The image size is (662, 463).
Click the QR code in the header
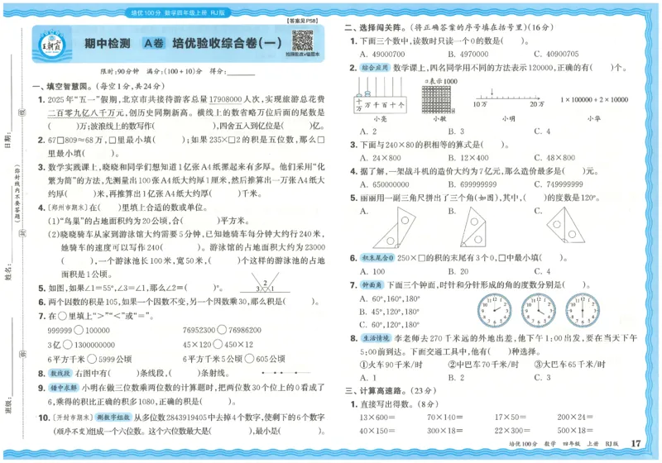pyautogui.click(x=302, y=40)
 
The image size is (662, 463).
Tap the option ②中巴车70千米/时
pyautogui.click(x=490, y=364)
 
